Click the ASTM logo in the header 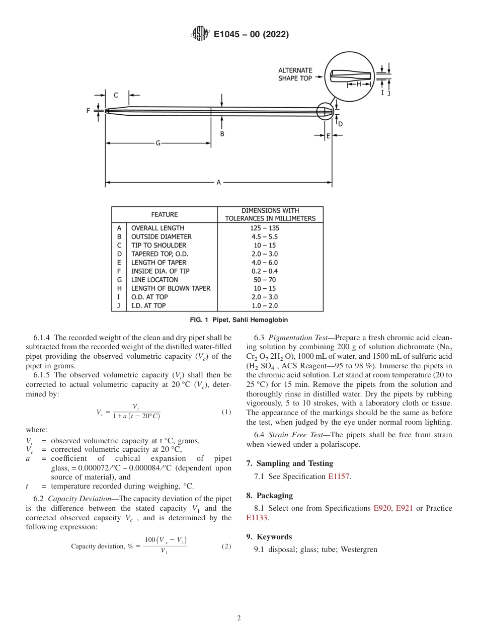200,34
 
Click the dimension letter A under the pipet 218,183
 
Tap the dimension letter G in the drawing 157,143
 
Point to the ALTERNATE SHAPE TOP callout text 295,74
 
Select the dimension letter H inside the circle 359,85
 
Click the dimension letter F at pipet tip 88,111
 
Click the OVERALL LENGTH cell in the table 157,228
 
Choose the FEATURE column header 165,214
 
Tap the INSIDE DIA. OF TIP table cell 160,271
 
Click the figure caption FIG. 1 238,320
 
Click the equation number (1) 226,412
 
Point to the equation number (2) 226,546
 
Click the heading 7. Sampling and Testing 289,463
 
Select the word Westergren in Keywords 359,549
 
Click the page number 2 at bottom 239,618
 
